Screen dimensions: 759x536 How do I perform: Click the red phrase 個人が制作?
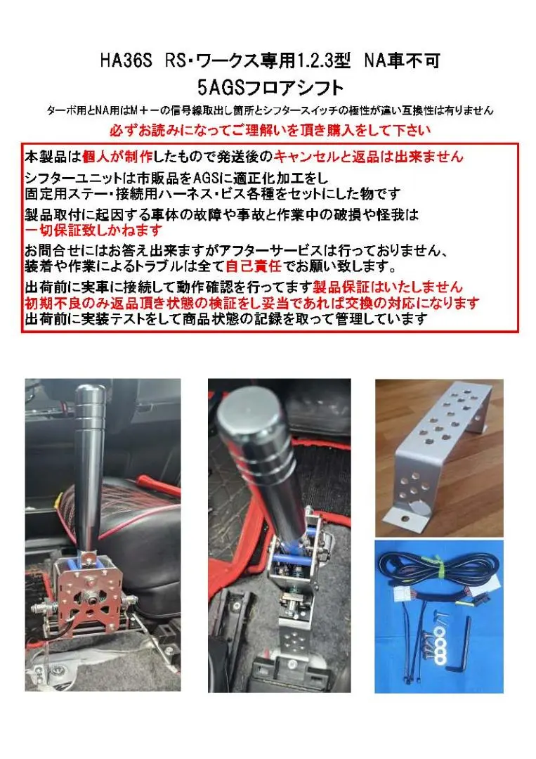point(112,156)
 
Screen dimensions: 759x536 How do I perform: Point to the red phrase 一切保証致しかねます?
point(93,230)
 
